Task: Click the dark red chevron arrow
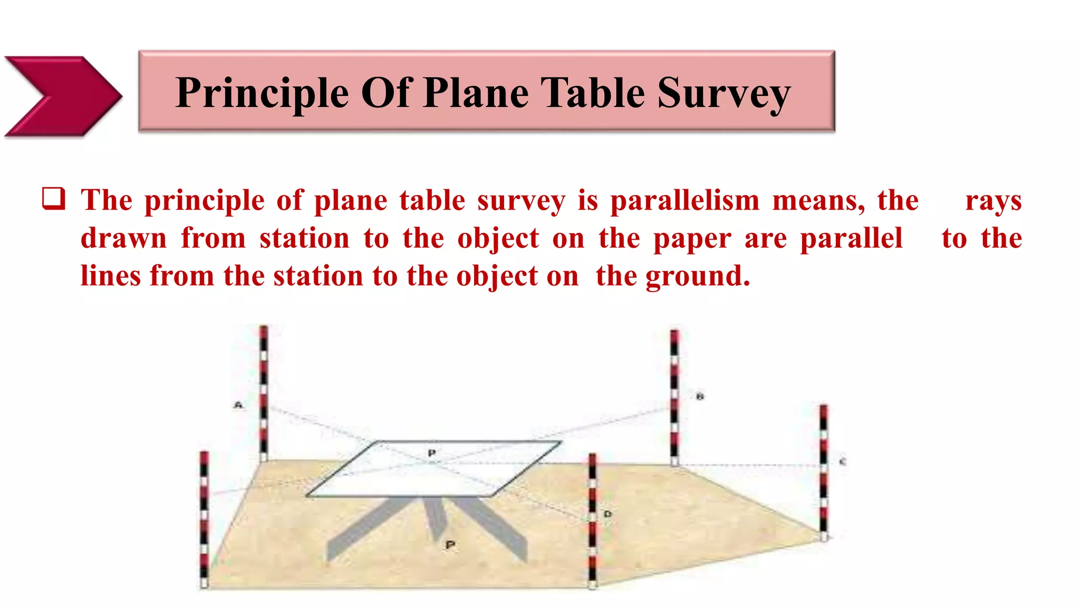63,96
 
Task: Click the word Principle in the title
262,93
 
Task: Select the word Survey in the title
724,93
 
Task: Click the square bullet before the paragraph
54,199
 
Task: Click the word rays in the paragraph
993,201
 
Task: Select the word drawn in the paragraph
123,238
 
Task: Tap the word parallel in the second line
851,238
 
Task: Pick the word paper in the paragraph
692,239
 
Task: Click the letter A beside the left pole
238,405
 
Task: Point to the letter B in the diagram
700,396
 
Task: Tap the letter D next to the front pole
607,514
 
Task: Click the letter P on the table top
432,453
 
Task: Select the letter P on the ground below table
450,545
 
